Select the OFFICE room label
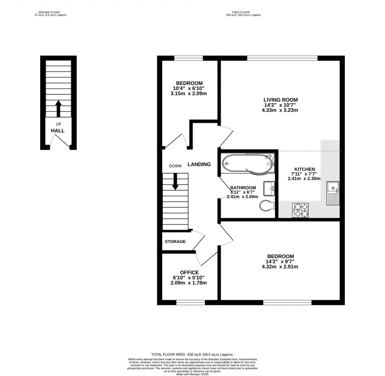point(189,272)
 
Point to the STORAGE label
point(175,242)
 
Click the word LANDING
point(199,164)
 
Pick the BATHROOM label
point(243,188)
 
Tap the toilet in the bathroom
point(267,205)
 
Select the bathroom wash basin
point(269,188)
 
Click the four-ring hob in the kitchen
point(300,210)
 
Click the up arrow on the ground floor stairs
point(58,109)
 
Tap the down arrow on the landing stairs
point(175,182)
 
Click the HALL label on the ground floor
point(58,131)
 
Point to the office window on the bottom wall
point(191,302)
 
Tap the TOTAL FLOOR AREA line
point(192,354)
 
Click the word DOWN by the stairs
point(175,166)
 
